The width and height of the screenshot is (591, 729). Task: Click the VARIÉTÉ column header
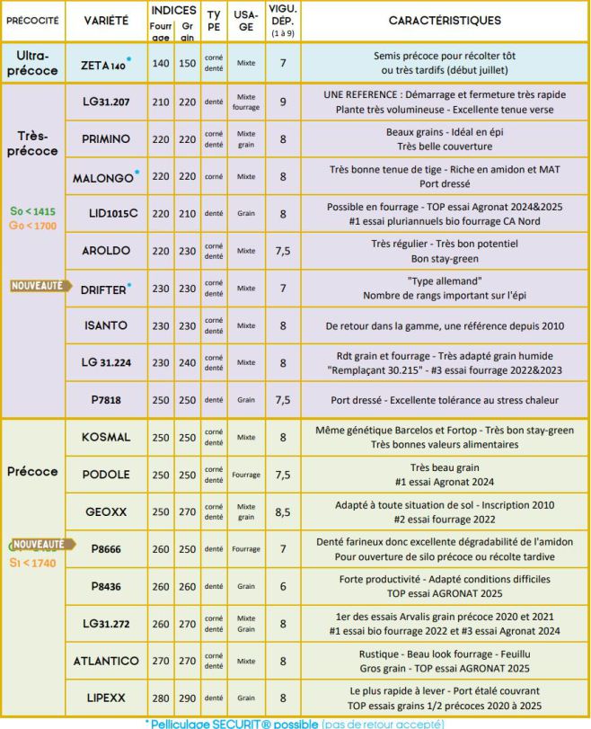click(x=105, y=19)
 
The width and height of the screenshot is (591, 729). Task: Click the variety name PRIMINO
click(x=105, y=139)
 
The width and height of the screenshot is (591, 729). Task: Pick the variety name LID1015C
click(x=105, y=214)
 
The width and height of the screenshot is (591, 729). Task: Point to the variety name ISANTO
click(x=105, y=325)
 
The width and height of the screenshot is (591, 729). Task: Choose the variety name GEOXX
click(x=105, y=511)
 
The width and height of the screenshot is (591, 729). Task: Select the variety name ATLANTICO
click(x=105, y=662)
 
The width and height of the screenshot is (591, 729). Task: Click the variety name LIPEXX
click(x=105, y=698)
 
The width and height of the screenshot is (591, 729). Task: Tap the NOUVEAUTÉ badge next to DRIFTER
click(x=38, y=286)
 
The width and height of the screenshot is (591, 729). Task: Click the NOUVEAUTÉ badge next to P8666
click(x=38, y=544)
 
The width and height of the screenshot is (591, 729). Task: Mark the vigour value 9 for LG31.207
click(x=283, y=102)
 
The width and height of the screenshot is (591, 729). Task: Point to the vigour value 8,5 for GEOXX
click(x=283, y=511)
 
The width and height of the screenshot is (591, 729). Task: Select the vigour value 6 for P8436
click(x=283, y=586)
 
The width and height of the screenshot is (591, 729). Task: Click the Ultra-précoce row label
click(x=37, y=63)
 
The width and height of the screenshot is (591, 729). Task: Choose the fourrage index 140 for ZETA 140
click(x=162, y=63)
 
